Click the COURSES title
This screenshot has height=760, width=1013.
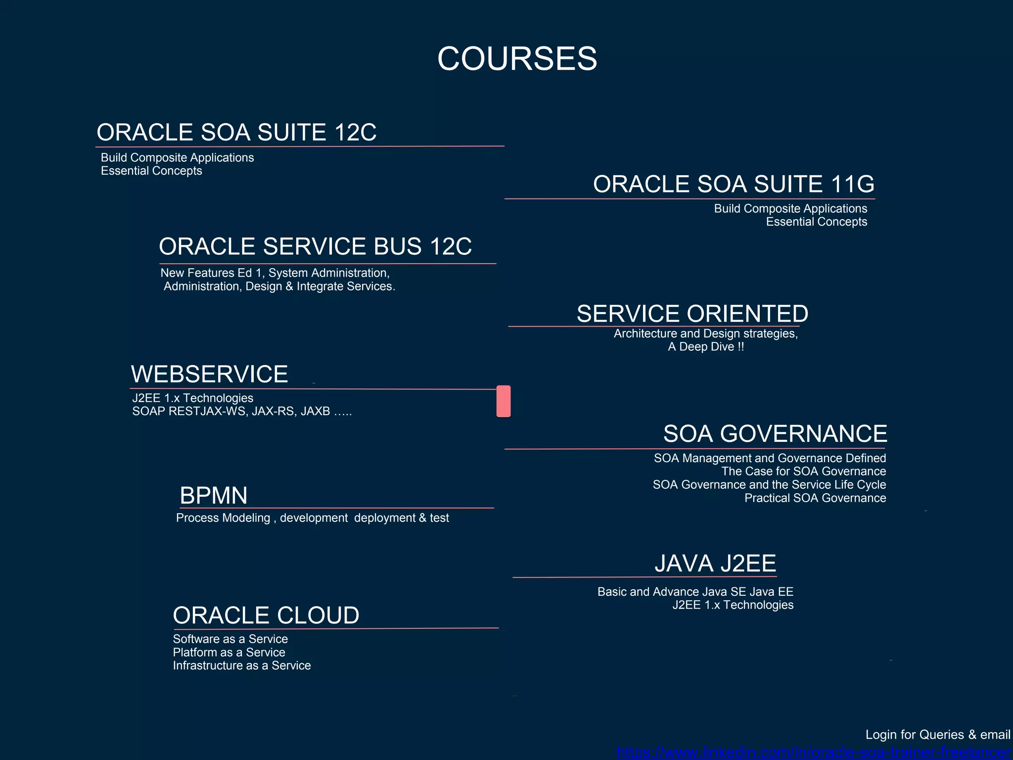[517, 58]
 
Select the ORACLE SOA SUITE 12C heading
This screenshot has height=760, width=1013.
[236, 133]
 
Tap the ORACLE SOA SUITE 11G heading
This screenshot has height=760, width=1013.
[734, 184]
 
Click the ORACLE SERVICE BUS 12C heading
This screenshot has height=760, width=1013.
[315, 246]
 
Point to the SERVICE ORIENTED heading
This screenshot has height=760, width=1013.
[692, 314]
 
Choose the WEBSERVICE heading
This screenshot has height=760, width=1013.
[209, 374]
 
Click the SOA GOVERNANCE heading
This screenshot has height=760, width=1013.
[775, 434]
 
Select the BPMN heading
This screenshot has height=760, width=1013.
[214, 495]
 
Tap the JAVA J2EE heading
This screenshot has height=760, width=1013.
[715, 564]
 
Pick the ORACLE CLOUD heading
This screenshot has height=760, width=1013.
[266, 616]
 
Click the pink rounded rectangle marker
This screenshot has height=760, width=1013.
[504, 401]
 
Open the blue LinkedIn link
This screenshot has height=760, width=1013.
[814, 753]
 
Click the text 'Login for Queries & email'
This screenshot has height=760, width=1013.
[937, 735]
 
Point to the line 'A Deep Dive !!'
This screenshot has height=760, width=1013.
[706, 347]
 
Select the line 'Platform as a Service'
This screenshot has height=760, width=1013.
[229, 652]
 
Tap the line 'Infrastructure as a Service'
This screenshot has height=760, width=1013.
[242, 665]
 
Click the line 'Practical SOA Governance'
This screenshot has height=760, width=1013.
[815, 498]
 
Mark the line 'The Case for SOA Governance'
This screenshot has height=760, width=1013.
[803, 471]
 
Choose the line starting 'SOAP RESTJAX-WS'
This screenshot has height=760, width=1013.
[242, 411]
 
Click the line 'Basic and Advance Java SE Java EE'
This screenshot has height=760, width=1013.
[695, 592]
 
